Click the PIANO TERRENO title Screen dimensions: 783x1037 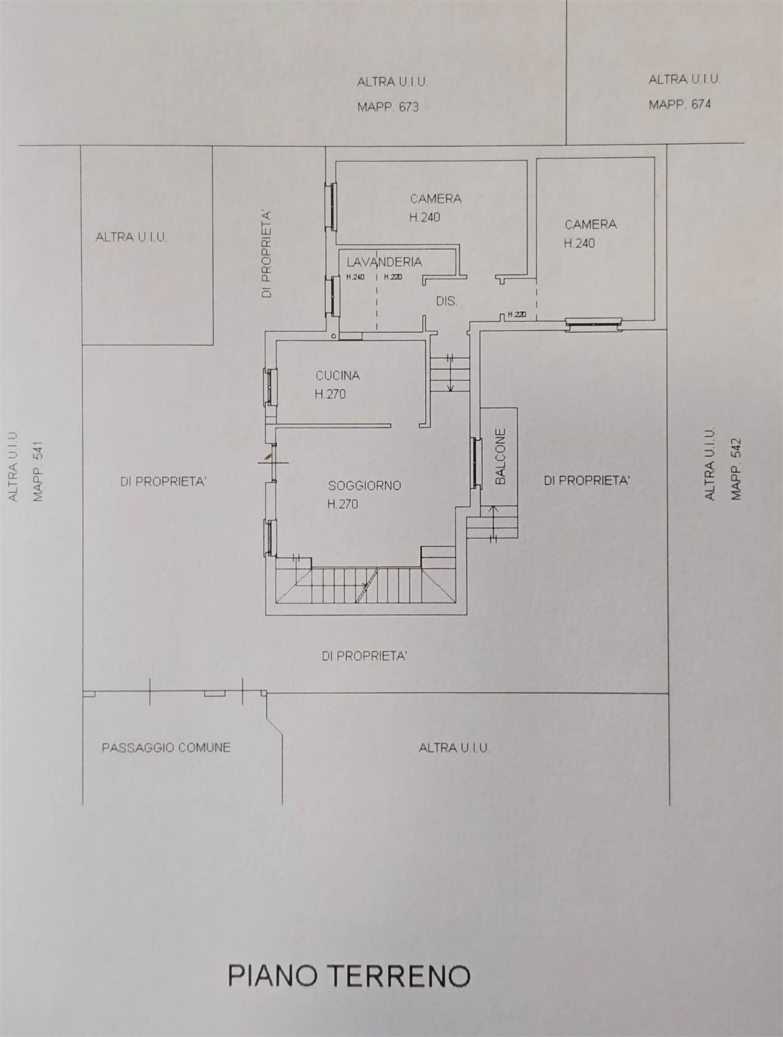coord(349,975)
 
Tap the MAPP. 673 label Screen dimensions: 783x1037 coord(388,107)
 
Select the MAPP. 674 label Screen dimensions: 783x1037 coord(680,104)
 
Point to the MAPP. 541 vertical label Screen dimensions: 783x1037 coord(38,471)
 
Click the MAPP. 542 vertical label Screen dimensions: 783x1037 coord(736,469)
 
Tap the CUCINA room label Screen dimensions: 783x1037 coord(338,375)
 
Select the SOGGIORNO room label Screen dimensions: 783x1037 coord(365,485)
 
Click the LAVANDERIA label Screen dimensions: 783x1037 coord(385,262)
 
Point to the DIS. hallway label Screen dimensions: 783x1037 coord(447,301)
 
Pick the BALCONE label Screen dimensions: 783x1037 coord(500,456)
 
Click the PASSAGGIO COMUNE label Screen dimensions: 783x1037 coord(166,748)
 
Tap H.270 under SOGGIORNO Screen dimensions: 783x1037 coord(343,504)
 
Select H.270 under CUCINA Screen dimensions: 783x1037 coord(330,394)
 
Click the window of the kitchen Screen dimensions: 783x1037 coord(271,387)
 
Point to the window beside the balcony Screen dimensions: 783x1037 coord(476,463)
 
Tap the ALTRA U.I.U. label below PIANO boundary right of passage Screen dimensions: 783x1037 coord(454,748)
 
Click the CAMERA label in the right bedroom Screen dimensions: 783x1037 coord(590,225)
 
